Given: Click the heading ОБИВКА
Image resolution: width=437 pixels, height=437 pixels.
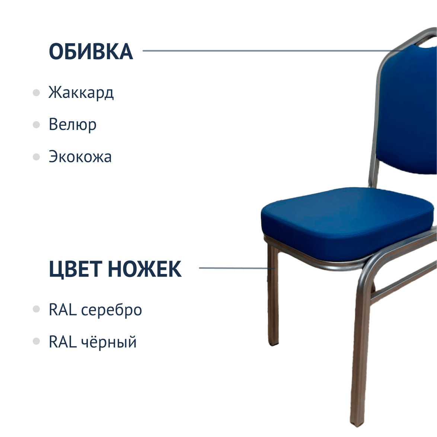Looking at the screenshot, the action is click(91, 52).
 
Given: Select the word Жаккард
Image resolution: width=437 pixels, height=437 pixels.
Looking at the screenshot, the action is click(81, 93).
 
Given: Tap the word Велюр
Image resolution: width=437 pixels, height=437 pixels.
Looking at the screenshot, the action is click(73, 124).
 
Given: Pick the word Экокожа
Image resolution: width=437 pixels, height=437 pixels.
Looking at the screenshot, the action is click(80, 157).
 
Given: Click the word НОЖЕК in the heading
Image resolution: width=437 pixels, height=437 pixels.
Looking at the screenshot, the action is click(145, 269).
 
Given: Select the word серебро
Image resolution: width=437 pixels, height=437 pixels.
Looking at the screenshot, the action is click(111, 310).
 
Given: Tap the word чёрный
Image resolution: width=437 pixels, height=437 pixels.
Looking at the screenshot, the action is click(109, 342).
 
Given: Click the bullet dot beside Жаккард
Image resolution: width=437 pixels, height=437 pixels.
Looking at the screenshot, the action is click(36, 93).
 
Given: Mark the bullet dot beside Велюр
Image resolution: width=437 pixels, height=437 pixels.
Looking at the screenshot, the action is click(36, 125).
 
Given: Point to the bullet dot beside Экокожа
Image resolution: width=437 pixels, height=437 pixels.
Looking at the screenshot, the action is click(36, 157).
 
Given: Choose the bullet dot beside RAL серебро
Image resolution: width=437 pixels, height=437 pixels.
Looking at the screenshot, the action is click(36, 309).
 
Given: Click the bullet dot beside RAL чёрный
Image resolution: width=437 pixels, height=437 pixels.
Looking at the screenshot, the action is click(36, 341).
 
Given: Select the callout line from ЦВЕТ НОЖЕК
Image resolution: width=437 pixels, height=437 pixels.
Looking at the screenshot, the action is click(237, 268).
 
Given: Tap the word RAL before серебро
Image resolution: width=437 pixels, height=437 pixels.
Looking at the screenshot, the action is click(63, 309).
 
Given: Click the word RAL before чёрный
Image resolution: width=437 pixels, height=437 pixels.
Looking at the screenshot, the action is click(63, 342).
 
